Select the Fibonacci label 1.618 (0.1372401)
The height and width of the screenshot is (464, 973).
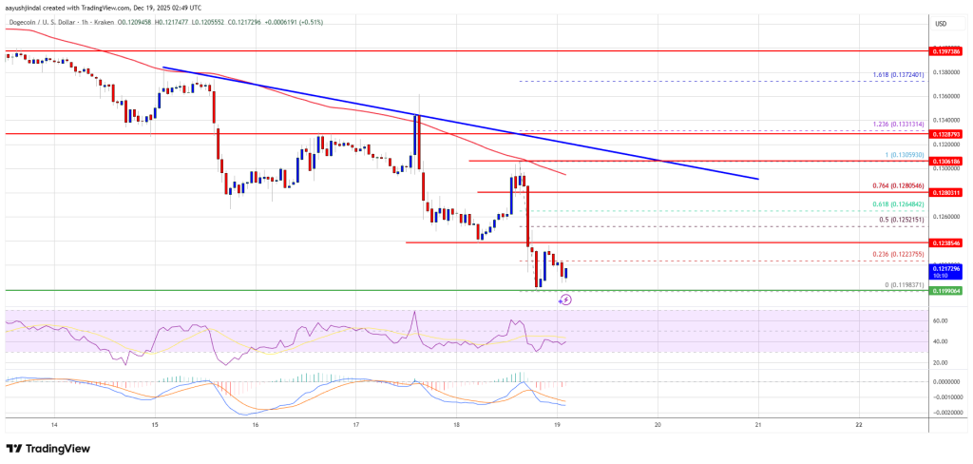point(897,74)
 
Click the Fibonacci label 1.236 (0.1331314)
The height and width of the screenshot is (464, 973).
point(897,123)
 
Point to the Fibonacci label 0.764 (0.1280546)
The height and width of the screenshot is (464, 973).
point(897,184)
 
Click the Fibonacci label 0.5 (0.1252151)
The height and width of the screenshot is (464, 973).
point(899,220)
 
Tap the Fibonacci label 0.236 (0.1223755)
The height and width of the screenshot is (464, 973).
point(897,254)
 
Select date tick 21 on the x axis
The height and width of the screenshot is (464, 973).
point(758,425)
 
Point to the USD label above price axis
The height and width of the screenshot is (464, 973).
point(941,23)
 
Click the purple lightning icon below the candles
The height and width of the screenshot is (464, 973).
point(565,299)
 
